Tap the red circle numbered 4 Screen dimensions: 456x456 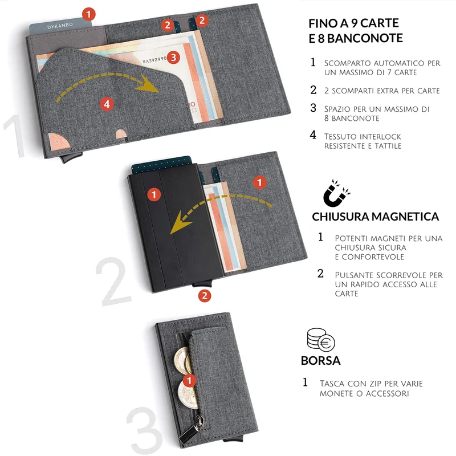tap(107, 104)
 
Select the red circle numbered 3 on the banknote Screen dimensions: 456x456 tap(173, 58)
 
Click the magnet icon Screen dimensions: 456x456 tap(336, 193)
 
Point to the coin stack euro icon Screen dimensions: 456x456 tap(321, 340)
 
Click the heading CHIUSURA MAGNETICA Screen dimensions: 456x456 tap(375, 217)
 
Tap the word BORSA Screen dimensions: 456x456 tap(320, 361)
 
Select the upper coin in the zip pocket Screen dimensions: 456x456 tap(182, 360)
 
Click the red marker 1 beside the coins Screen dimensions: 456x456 tap(189, 380)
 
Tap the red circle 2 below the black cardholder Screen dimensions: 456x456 tap(205, 296)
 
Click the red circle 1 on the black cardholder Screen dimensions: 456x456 tap(154, 194)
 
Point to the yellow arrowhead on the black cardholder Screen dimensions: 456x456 tap(180, 223)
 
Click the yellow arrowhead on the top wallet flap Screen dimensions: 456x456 tap(148, 84)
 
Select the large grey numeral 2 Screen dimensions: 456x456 tap(114, 281)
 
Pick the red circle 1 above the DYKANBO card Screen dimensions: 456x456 tap(89, 14)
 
